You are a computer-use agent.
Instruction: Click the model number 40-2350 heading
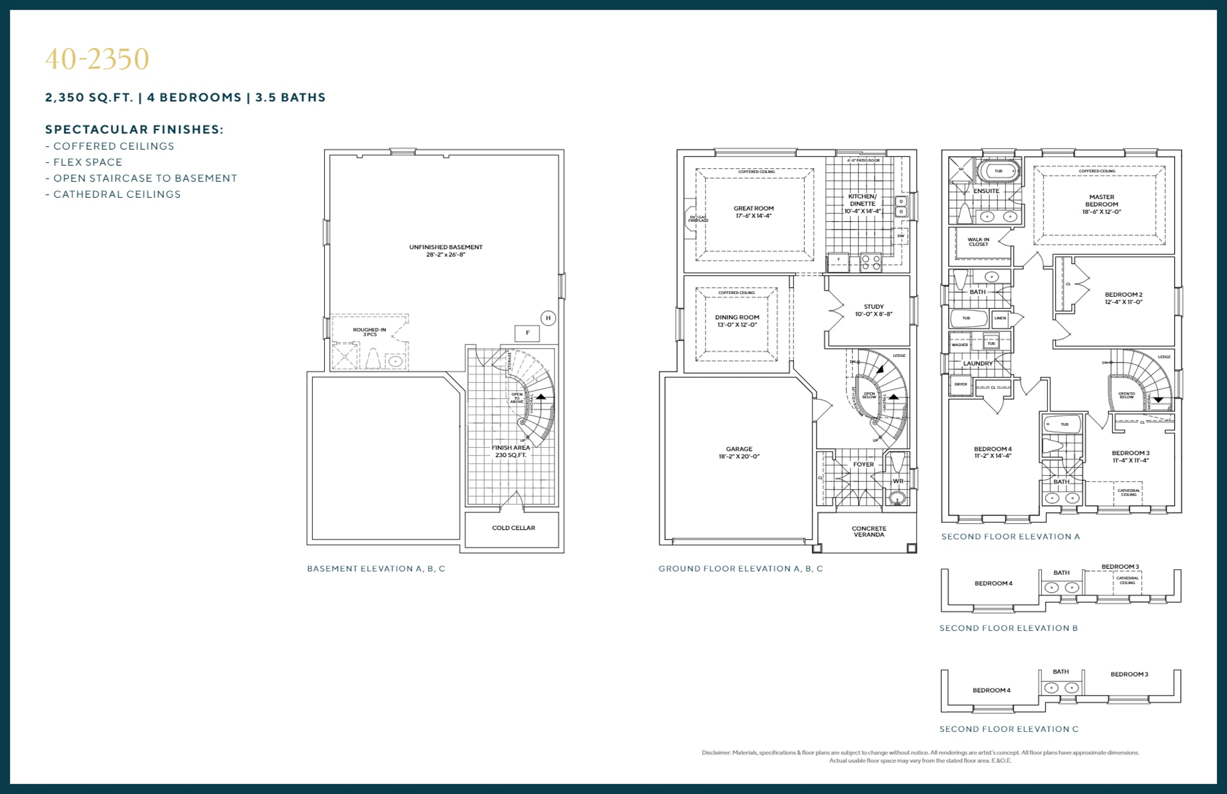pos(97,59)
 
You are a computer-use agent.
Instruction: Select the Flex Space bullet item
pos(87,162)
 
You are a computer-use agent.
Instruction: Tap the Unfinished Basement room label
pos(445,247)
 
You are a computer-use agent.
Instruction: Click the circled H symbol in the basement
pos(548,318)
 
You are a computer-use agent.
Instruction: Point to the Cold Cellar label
pos(513,528)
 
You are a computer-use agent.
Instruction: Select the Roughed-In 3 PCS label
pos(370,331)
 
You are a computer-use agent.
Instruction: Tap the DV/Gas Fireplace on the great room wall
pos(692,219)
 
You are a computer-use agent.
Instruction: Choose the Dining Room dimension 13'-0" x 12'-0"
pos(737,325)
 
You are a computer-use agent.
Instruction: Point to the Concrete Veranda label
pos(869,532)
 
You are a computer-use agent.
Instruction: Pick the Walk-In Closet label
pos(978,241)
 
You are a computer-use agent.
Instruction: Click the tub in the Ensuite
pos(999,171)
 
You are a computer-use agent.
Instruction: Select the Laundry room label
pos(978,364)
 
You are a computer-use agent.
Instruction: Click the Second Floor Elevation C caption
pos(1008,729)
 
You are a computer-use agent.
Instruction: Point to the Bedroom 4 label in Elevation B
pos(993,584)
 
